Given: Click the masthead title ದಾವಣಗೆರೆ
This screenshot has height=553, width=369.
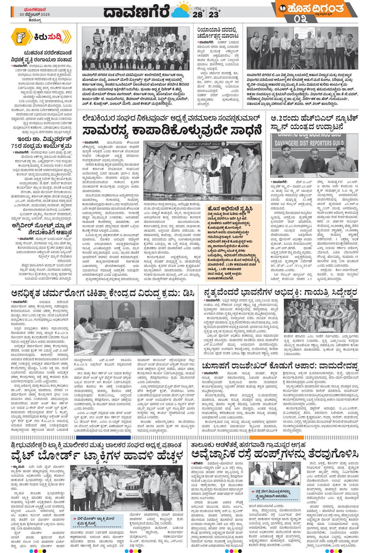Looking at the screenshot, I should click(x=137, y=12).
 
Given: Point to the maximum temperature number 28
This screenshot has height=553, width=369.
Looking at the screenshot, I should click(x=198, y=14).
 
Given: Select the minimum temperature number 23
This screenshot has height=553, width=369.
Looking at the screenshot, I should click(x=214, y=14).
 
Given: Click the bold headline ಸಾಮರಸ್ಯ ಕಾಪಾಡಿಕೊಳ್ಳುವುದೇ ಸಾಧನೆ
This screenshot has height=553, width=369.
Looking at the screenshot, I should click(x=172, y=131).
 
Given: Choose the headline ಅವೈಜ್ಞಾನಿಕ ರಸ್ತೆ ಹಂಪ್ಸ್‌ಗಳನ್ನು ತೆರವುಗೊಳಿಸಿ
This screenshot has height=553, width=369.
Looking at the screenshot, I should click(x=275, y=454).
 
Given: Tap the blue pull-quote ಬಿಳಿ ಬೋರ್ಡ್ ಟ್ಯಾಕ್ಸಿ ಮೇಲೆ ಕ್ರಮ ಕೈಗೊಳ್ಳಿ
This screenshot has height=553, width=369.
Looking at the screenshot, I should click(x=97, y=521).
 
